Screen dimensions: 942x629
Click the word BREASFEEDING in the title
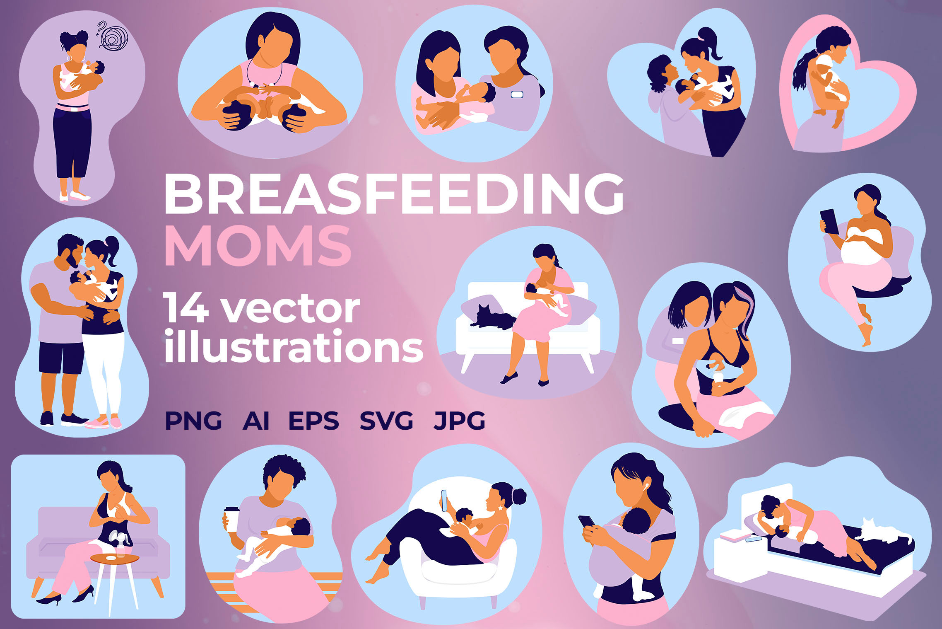click(394, 194)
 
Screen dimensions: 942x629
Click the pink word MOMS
click(258, 246)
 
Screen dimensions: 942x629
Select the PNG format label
click(193, 421)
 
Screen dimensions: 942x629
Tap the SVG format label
click(386, 421)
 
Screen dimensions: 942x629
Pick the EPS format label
click(313, 421)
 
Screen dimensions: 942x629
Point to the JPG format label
click(459, 421)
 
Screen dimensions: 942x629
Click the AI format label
click(256, 421)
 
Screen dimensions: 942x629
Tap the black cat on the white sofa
click(493, 317)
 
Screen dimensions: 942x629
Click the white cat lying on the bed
click(884, 532)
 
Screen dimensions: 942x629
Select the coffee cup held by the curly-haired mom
click(231, 519)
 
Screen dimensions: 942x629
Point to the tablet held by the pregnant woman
click(829, 222)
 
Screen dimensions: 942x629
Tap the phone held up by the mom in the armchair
click(444, 500)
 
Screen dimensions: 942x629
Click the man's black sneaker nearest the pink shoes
click(74, 420)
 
